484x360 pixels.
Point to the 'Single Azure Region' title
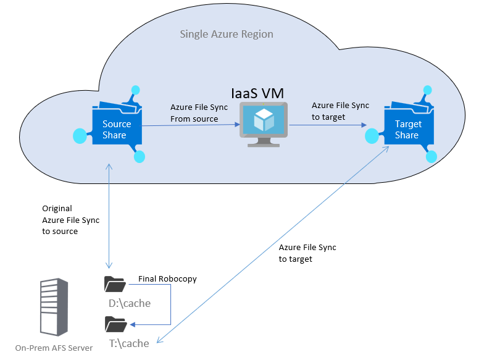226,34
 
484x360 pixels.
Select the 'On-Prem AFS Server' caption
54,348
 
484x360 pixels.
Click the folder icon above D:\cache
115,284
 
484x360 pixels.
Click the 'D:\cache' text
129,303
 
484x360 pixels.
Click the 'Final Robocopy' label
167,279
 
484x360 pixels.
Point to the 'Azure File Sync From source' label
199,113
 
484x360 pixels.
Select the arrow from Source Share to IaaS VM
191,125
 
